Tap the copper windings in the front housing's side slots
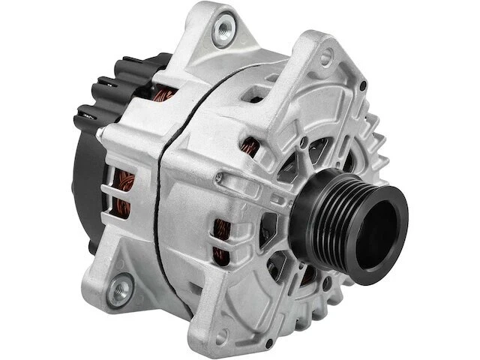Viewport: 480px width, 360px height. click(x=222, y=240)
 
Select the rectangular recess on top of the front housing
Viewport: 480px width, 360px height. click(x=256, y=94)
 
